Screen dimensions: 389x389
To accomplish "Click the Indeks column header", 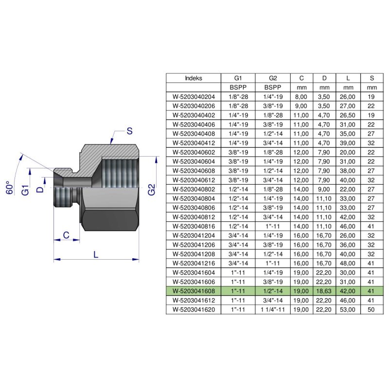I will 194,78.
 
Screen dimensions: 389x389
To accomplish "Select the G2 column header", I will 273,78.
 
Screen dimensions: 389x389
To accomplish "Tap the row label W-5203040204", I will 194,97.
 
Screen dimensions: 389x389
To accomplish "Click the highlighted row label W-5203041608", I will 194,291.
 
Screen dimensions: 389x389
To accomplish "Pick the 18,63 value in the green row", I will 324,291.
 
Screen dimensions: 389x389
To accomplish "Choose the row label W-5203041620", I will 194,309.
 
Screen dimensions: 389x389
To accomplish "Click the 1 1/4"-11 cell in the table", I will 273,309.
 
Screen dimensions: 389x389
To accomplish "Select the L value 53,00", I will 348,309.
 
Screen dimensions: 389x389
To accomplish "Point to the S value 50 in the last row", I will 372,309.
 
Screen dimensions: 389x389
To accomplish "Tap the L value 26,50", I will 348,115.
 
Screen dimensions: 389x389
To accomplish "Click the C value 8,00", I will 301,97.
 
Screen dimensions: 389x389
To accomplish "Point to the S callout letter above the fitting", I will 129,130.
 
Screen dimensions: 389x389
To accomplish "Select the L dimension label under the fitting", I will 96,254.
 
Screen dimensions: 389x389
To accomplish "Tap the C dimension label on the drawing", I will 65,235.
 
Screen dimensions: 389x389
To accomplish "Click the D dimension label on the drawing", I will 40,182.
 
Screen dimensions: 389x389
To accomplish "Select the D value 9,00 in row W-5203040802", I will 324,189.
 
